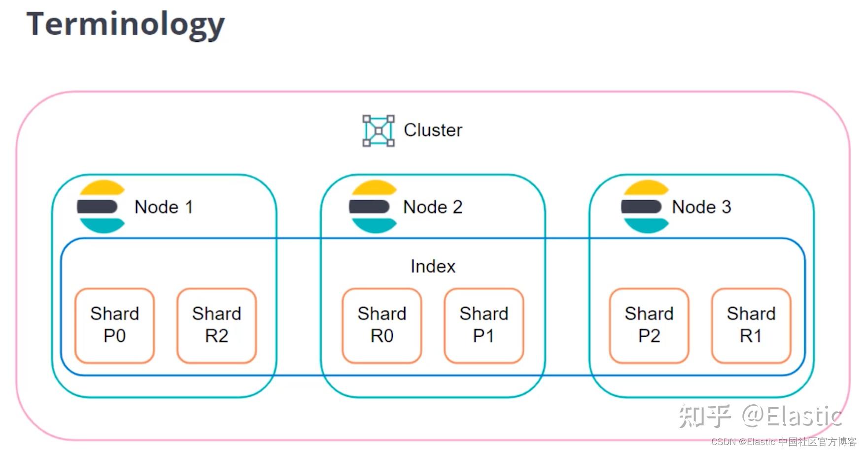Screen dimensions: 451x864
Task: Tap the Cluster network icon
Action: tap(378, 131)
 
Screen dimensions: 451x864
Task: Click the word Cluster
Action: tap(433, 130)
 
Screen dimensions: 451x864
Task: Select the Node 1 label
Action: tap(164, 207)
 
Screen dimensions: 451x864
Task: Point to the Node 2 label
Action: tap(433, 207)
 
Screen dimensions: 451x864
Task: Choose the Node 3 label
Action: tap(701, 207)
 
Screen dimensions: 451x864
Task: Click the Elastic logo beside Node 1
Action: tap(101, 207)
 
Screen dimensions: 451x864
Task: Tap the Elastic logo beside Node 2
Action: tap(373, 207)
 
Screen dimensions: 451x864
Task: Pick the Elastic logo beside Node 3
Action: tap(645, 207)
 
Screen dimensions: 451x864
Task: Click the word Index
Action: tap(433, 267)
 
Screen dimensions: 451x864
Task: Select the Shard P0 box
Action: tap(114, 325)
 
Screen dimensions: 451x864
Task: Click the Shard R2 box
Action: tap(216, 325)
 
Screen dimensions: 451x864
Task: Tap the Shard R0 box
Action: tap(382, 325)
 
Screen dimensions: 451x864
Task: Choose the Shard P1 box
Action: tap(484, 325)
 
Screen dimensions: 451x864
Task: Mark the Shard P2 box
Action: tap(649, 325)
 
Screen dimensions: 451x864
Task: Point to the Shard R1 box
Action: tap(751, 325)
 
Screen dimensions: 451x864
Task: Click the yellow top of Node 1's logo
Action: tap(103, 189)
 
